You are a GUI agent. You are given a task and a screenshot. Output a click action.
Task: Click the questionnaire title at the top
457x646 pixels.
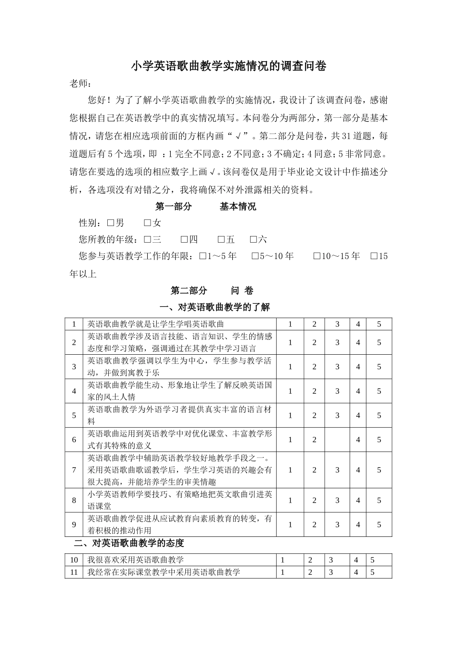click(228, 66)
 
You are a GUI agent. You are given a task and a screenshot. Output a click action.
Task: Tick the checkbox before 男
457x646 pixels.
click(110, 223)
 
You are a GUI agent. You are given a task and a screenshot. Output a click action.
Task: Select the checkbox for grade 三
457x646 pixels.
click(147, 239)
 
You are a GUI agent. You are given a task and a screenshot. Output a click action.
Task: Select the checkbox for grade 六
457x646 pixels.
click(254, 239)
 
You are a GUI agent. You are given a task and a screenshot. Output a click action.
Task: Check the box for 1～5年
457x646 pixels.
click(202, 256)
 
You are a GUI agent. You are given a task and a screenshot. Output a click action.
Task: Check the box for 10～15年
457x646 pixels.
click(317, 256)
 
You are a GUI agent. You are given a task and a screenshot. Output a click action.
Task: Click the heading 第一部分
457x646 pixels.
click(173, 207)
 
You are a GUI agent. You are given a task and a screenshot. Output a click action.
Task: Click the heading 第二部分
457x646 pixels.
click(189, 291)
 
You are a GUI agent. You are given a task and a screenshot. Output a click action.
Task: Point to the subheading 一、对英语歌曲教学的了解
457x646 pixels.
click(215, 307)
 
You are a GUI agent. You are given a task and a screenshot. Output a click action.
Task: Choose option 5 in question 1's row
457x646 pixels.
click(379, 324)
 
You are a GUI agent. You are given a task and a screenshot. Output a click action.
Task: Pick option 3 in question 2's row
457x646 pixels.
click(337, 343)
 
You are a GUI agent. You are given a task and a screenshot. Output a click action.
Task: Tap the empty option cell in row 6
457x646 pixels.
click(337, 440)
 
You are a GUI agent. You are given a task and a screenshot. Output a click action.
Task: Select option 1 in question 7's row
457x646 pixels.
click(290, 470)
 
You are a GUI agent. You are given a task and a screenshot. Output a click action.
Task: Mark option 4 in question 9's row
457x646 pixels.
click(358, 525)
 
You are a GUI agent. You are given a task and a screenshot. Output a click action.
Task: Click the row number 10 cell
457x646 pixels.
click(74, 560)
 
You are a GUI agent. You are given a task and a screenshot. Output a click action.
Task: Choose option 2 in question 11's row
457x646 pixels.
click(310, 572)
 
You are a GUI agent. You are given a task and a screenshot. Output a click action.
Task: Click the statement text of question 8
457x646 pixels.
click(180, 500)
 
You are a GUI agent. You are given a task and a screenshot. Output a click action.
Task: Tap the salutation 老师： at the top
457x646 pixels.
click(80, 84)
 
